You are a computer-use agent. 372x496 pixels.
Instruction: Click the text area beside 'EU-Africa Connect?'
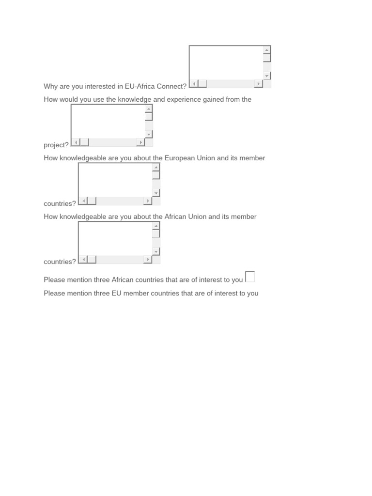226,62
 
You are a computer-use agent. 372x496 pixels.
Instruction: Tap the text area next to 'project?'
108,122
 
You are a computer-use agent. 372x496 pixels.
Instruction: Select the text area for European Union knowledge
115,180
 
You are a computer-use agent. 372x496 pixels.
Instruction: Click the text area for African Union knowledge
115,239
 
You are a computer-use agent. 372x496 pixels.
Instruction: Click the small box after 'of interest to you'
250,277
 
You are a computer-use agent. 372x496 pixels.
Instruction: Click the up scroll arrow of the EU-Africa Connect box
267,50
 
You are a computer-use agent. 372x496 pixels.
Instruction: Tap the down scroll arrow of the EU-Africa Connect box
267,76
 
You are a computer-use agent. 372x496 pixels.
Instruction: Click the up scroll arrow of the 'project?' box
149,108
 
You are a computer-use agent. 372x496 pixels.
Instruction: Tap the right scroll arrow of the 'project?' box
140,142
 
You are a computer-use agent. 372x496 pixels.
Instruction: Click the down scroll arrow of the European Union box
156,193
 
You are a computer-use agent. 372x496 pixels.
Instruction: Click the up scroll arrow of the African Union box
156,226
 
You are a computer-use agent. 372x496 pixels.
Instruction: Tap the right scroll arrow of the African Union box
148,260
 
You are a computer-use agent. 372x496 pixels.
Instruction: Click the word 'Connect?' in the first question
171,87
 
